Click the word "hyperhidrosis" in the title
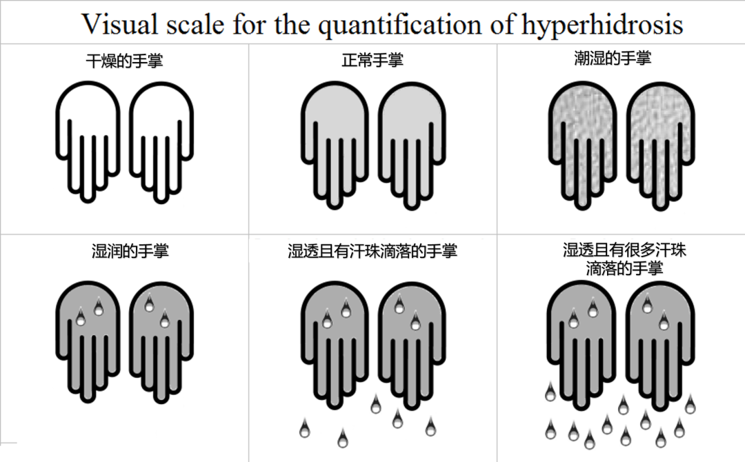[x=602, y=25]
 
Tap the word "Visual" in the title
[x=120, y=23]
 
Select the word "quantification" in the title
[x=399, y=25]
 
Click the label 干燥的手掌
[x=124, y=61]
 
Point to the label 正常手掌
[x=372, y=60]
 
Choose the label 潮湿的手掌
[x=613, y=58]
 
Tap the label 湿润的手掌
[x=130, y=251]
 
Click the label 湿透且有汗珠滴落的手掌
[x=372, y=251]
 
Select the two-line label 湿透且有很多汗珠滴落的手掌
[x=624, y=259]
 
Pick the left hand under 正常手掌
[x=335, y=145]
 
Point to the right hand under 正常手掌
[x=412, y=145]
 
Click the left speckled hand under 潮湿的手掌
[x=582, y=145]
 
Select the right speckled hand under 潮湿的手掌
[x=660, y=145]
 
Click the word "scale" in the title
[x=195, y=23]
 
